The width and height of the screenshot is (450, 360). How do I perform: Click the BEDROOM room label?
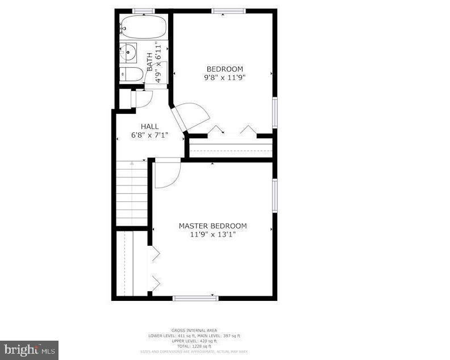point(224,69)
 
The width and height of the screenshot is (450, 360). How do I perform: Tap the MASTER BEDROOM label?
point(213,226)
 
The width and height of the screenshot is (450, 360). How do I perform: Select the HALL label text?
point(150,126)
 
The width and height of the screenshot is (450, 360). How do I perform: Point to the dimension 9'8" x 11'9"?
point(224,77)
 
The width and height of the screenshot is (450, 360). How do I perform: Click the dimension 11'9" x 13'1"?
point(213,234)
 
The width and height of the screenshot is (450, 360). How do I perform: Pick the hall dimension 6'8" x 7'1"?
point(150,135)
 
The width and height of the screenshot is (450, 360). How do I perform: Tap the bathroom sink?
point(128,53)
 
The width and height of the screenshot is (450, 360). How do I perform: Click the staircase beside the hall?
point(132,193)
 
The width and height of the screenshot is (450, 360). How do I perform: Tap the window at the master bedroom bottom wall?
point(195,297)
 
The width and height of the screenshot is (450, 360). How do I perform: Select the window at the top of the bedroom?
point(229,10)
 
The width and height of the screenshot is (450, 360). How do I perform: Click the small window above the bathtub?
point(144,10)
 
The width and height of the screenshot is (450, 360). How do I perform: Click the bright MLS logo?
point(29,350)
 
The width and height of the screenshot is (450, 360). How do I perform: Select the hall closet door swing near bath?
point(141,98)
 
